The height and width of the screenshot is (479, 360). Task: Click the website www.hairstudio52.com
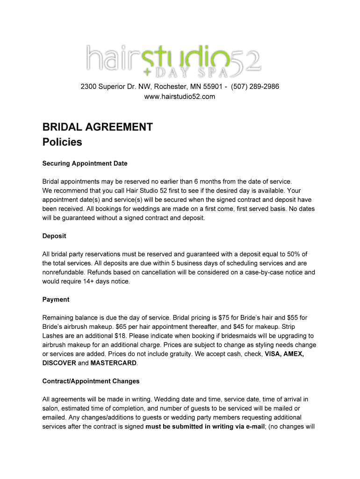tap(180, 97)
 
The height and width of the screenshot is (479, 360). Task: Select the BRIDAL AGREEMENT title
tap(97, 127)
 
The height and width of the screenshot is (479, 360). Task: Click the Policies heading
tap(62, 142)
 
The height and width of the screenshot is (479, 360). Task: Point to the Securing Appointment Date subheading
tap(85, 164)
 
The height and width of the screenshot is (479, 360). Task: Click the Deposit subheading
tap(54, 236)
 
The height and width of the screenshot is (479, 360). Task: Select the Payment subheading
tap(56, 299)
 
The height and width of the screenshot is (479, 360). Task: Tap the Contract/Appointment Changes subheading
tap(91, 381)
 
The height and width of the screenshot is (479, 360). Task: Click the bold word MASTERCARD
tap(114, 363)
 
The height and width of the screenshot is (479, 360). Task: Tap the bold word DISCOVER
tap(59, 363)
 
